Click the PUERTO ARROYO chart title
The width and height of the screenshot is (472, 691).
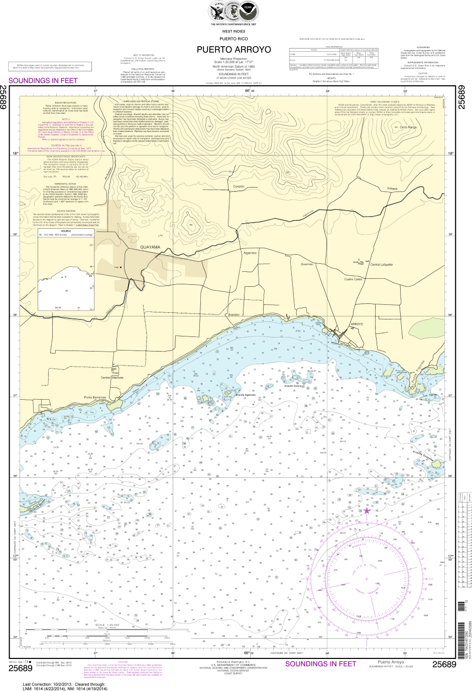[x=233, y=50]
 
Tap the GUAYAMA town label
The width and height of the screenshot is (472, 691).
[x=150, y=247]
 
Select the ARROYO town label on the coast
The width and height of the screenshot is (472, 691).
[x=356, y=324]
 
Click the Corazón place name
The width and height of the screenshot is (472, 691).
[x=239, y=186]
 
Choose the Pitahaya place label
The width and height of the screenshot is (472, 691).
[x=392, y=189]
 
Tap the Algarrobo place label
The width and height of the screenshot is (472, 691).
[x=250, y=253]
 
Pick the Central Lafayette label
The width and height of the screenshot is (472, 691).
[x=381, y=264]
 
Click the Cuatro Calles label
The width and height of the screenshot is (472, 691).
[x=353, y=279]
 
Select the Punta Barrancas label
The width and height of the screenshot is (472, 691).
[x=95, y=397]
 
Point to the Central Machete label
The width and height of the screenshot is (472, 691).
[x=111, y=378]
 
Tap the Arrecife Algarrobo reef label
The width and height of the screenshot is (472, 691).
[x=246, y=396]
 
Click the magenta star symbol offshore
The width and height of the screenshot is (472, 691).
[x=367, y=510]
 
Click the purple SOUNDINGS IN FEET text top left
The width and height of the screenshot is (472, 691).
[x=43, y=80]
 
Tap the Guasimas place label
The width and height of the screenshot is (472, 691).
[x=306, y=264]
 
